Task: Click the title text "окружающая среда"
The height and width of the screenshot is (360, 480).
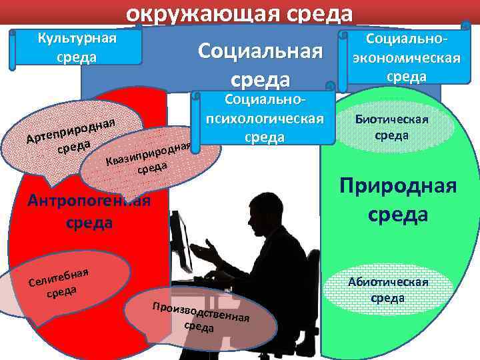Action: point(239,12)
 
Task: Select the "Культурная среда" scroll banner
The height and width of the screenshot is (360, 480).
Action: point(77,47)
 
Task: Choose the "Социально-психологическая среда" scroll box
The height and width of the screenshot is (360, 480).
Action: point(265,119)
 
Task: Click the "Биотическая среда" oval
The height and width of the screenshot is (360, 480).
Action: point(391,127)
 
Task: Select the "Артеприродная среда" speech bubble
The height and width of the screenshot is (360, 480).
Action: point(70,134)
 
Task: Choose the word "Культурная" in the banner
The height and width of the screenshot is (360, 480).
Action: point(77,38)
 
